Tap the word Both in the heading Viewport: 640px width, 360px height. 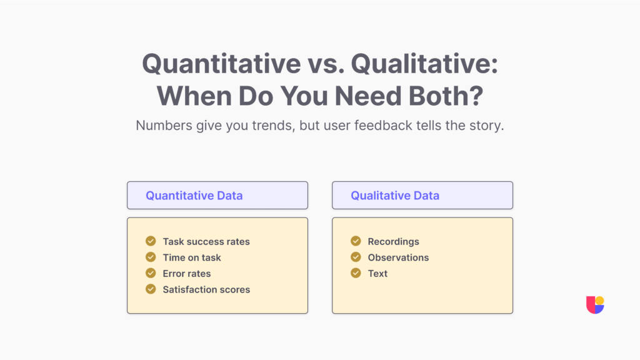443,96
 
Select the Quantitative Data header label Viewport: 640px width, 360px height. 194,196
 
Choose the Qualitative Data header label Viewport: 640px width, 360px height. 395,196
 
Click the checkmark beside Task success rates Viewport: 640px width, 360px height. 151,241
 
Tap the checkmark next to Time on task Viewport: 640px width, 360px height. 151,257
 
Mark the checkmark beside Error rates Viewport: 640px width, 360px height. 151,273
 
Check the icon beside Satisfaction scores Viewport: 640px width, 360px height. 151,289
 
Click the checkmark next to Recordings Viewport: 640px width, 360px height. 356,241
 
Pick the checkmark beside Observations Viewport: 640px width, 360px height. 356,257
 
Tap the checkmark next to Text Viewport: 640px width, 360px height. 356,273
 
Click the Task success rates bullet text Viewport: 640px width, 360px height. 206,241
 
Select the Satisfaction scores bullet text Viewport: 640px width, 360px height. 206,289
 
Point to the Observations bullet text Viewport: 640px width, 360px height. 398,257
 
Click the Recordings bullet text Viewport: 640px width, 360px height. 393,241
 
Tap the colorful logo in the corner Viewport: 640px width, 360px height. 595,304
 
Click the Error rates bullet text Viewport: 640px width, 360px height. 187,273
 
